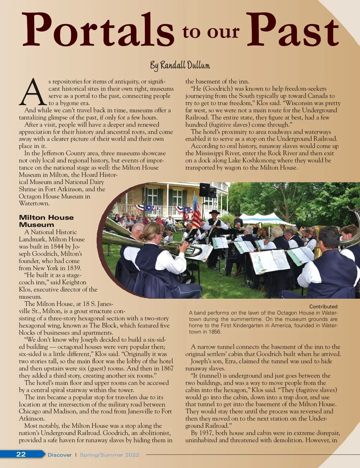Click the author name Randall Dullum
click(x=180, y=65)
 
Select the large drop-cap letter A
click(x=32, y=92)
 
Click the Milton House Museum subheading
click(x=46, y=221)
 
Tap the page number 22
click(x=21, y=454)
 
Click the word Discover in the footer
click(x=60, y=455)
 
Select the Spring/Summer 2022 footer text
click(x=109, y=455)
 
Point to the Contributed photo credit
click(x=323, y=306)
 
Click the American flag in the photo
click(x=196, y=212)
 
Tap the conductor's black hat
click(x=214, y=212)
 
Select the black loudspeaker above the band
click(x=205, y=189)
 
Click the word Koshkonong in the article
click(x=259, y=160)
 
